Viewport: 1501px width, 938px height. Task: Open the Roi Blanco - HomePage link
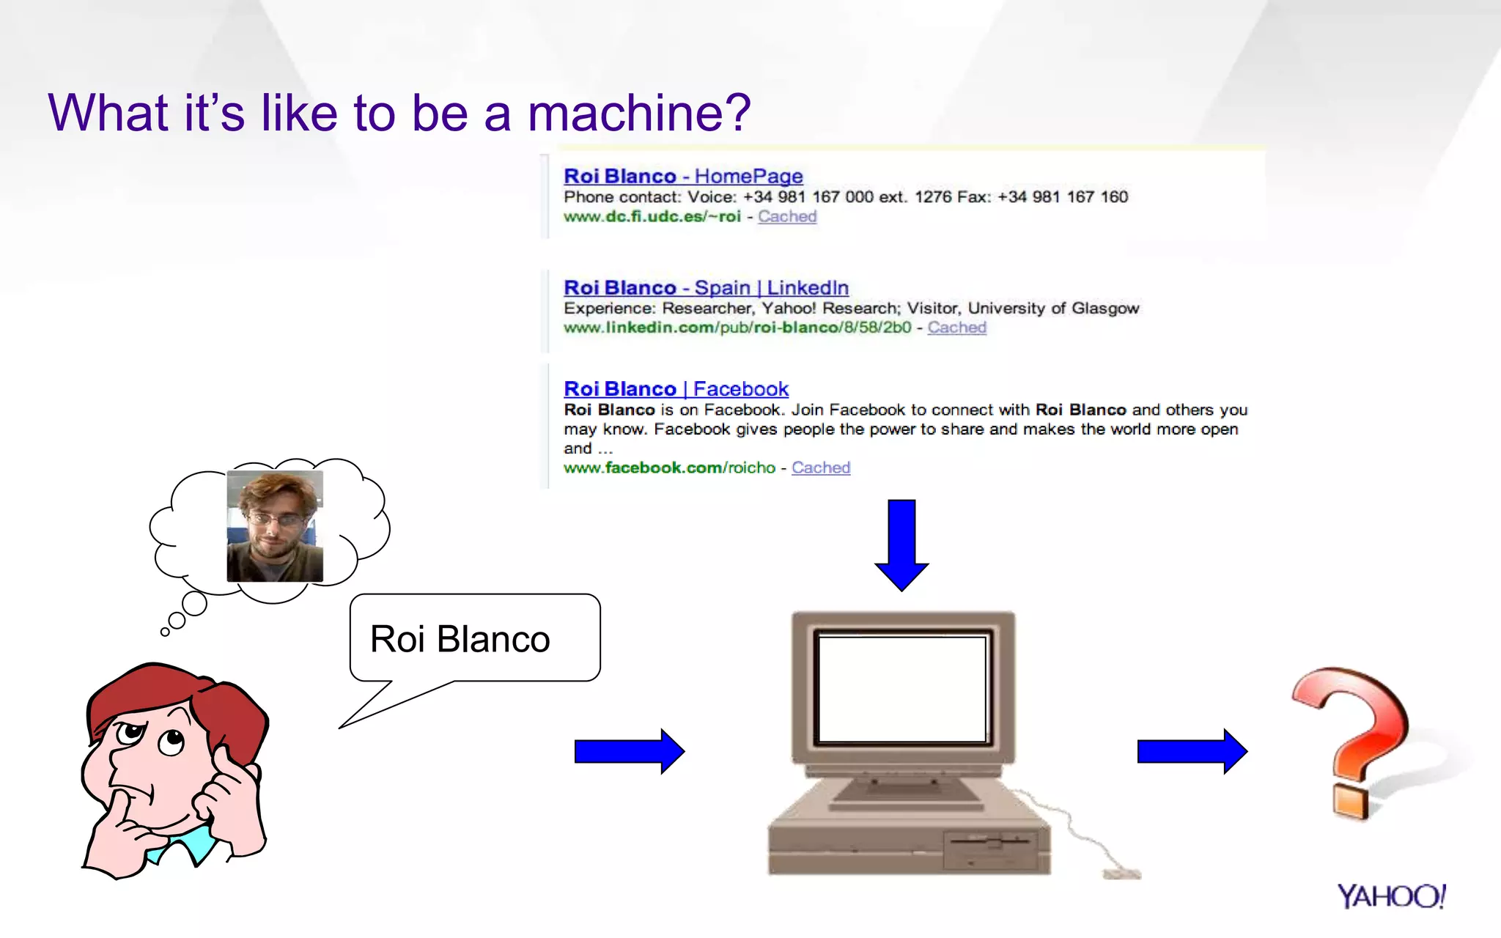click(682, 176)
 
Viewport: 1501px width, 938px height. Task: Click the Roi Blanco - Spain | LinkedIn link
click(705, 287)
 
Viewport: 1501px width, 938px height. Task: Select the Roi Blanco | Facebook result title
click(675, 388)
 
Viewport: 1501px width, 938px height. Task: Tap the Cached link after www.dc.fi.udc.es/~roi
click(786, 216)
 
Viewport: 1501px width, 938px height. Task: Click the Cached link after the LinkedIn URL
click(956, 328)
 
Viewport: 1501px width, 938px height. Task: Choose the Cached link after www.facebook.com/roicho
click(820, 468)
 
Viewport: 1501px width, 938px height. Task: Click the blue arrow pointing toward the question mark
click(1191, 751)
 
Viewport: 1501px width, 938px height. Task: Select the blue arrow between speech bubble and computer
click(629, 751)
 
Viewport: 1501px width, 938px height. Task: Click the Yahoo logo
click(1390, 895)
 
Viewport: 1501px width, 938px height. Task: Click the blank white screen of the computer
click(901, 689)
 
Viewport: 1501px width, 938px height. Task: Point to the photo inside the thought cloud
click(275, 526)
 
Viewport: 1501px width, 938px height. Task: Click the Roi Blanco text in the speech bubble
click(460, 639)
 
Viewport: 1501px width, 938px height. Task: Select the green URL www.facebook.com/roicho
click(669, 468)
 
